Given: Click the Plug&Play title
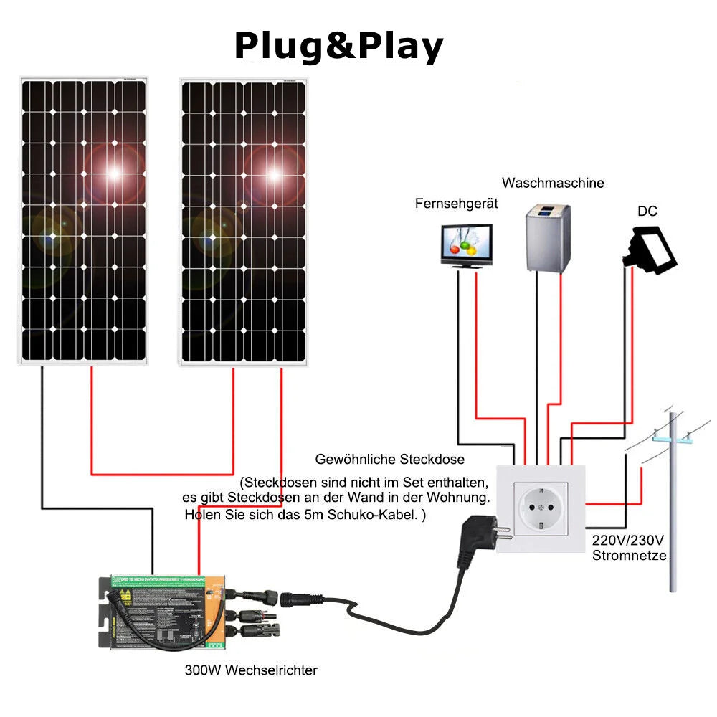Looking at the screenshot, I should [x=338, y=47].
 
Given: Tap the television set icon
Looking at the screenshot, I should [x=467, y=246].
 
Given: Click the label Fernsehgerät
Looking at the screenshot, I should [x=456, y=204].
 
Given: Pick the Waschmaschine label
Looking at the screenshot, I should [x=553, y=183].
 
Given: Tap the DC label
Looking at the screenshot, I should [x=647, y=212].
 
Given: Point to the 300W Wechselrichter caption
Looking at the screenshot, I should [x=250, y=670].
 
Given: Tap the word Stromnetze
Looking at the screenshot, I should [x=629, y=556].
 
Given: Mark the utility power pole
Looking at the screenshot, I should [x=673, y=502].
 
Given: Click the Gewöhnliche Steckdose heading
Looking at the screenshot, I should [x=390, y=459].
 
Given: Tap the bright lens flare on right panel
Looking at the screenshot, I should [x=273, y=173].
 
